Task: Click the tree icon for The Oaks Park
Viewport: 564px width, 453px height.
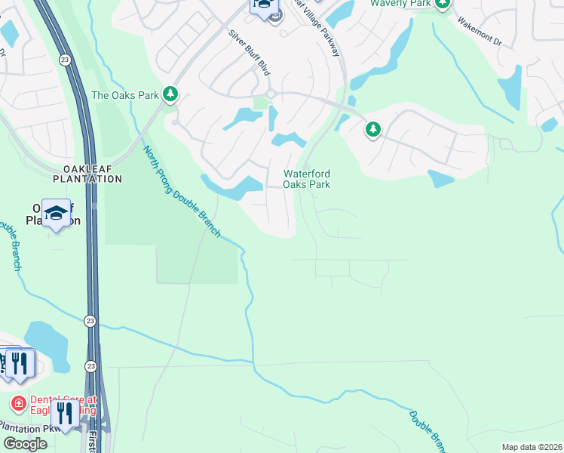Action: point(171,94)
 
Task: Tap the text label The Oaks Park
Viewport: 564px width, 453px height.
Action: point(125,95)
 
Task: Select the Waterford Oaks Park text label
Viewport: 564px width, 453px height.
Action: point(306,179)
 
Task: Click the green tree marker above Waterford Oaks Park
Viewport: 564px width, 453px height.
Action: point(372,130)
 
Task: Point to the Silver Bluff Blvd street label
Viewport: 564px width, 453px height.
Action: point(250,52)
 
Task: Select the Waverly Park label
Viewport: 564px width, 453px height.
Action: point(400,4)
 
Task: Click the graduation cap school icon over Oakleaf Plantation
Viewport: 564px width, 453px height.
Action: point(56,214)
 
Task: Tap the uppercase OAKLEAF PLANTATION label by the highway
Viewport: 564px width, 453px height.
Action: point(87,173)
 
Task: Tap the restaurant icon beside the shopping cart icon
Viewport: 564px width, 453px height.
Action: point(20,363)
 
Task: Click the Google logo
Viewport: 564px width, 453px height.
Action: point(25,444)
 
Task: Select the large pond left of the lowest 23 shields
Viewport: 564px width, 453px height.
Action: point(44,343)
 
